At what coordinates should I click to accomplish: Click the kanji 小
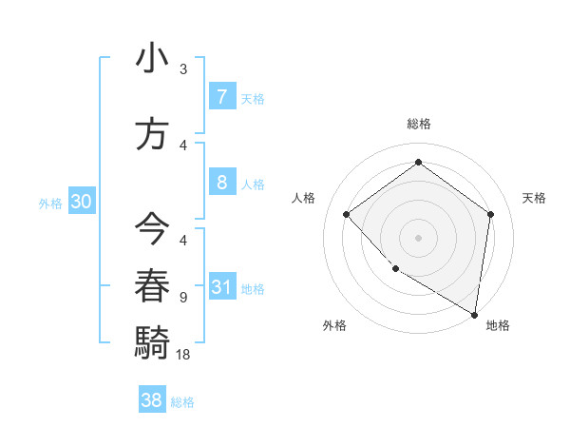(151, 59)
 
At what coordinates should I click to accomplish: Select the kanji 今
(151, 229)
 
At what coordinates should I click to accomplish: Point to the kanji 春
(151, 284)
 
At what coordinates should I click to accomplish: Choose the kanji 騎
(151, 340)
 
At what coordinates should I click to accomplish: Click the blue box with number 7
(221, 96)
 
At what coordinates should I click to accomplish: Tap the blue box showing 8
(221, 183)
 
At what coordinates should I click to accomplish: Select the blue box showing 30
(81, 202)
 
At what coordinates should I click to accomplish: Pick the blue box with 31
(221, 287)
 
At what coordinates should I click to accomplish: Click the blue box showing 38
(152, 400)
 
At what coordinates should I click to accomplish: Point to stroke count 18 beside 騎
(183, 354)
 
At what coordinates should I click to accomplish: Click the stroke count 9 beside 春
(183, 298)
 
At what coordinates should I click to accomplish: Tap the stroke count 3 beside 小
(183, 69)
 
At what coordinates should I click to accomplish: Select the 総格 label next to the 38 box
(182, 402)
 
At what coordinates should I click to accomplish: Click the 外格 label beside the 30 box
(49, 203)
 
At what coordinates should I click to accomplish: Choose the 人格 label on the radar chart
(304, 198)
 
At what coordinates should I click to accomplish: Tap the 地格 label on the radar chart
(498, 325)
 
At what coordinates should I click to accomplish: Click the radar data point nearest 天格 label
(490, 214)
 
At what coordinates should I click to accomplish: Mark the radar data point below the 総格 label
(418, 162)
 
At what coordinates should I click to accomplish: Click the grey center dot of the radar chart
(418, 237)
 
